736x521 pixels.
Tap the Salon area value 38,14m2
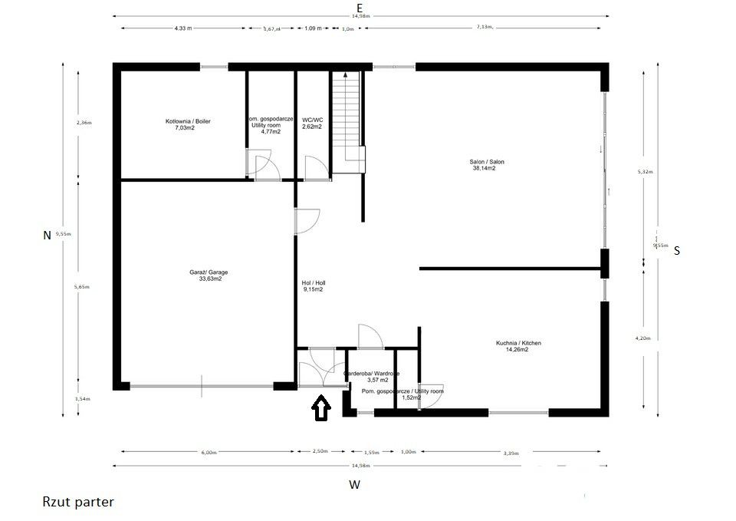tap(484, 168)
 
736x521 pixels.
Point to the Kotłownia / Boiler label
tap(188, 121)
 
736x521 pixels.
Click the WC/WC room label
tap(311, 120)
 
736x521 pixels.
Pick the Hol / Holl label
tap(314, 282)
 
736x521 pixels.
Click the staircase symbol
tap(346, 119)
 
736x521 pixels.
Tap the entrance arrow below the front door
tap(320, 409)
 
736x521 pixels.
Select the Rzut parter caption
tap(78, 502)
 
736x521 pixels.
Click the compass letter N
tap(47, 236)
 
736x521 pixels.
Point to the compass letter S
tap(676, 250)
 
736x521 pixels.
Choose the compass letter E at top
tap(360, 6)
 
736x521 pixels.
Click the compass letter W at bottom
tap(354, 485)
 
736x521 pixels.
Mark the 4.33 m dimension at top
tap(182, 28)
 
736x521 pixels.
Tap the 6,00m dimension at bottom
tap(209, 452)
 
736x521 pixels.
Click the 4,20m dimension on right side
tap(645, 338)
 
